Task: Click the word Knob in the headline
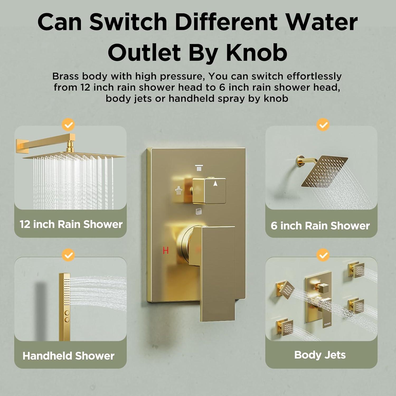[x=257, y=53]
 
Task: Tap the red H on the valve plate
[x=166, y=250]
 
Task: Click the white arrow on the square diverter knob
[x=215, y=184]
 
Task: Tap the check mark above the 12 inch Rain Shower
[x=68, y=125]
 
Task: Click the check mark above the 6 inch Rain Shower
[x=323, y=125]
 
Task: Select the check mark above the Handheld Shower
[x=68, y=255]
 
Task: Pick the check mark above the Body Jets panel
[x=323, y=255]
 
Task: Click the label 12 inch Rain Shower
[x=71, y=224]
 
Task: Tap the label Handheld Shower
[x=69, y=356]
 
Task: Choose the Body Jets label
[x=320, y=355]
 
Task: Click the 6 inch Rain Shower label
[x=320, y=226]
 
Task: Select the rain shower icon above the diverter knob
[x=199, y=168]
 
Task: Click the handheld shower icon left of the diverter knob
[x=179, y=191]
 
